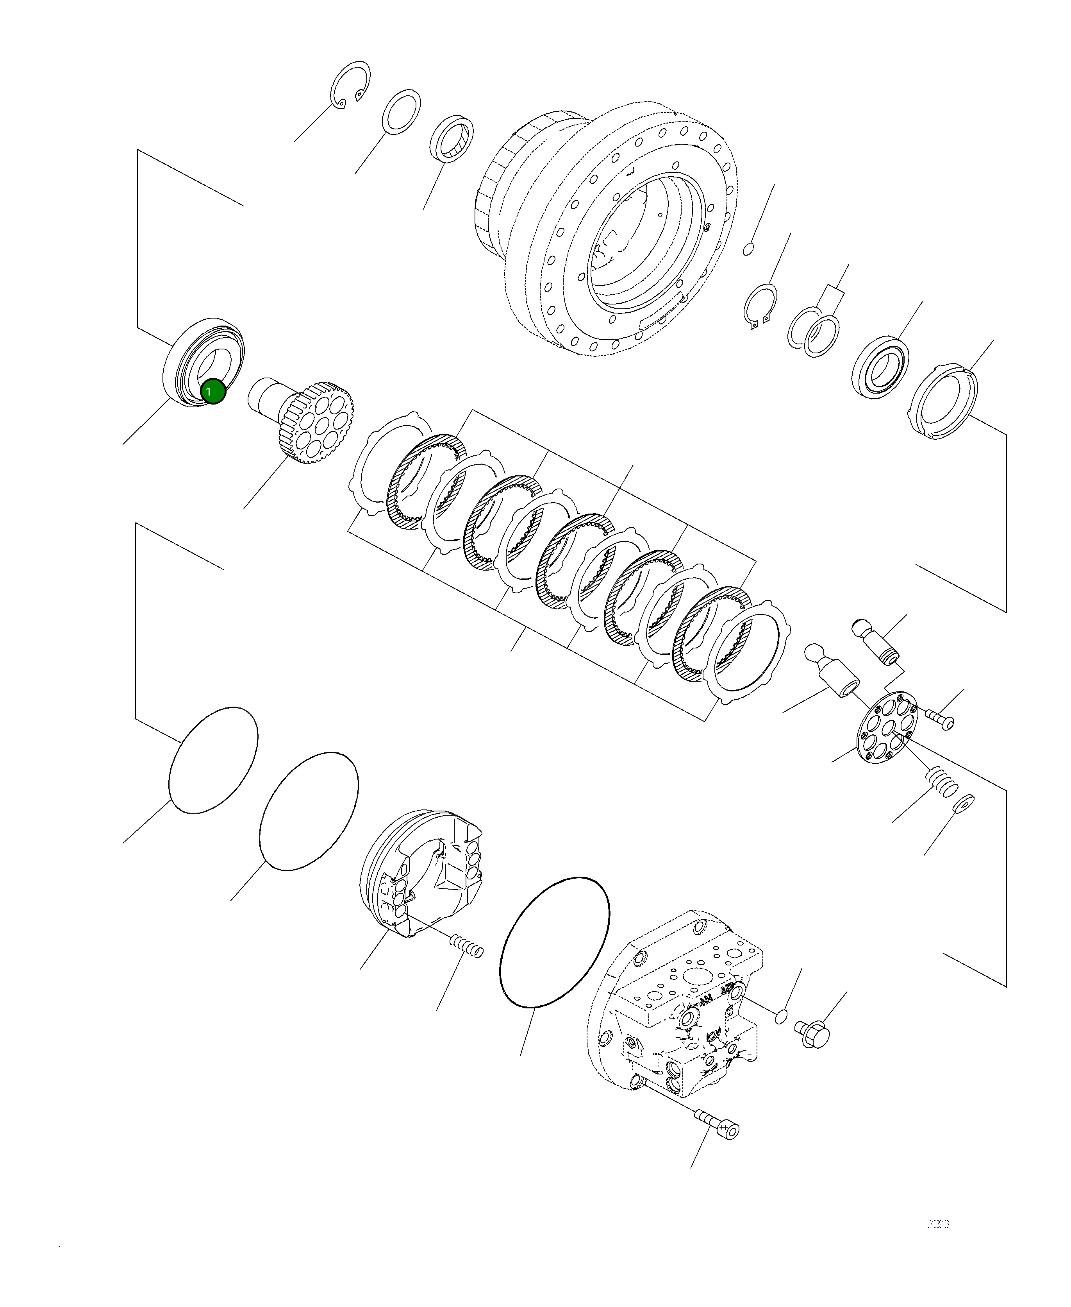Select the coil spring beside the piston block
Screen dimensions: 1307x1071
(466, 963)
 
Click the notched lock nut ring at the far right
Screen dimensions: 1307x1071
(944, 401)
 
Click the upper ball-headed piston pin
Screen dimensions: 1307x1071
(877, 643)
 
